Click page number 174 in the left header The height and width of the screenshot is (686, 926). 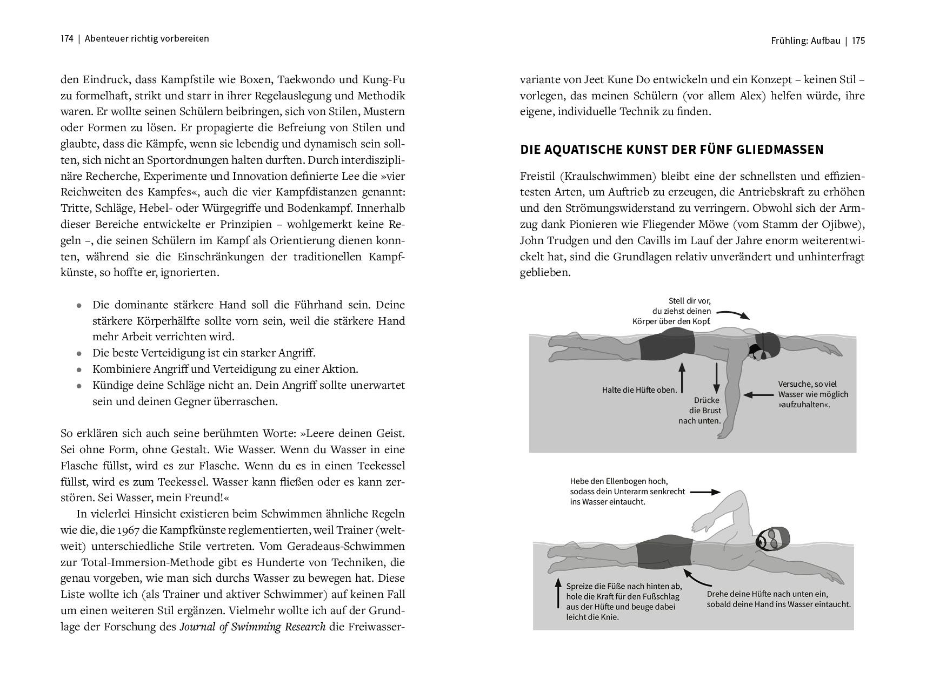[67, 39]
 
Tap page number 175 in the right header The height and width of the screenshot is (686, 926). [858, 41]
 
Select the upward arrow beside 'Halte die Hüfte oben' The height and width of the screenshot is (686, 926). [682, 377]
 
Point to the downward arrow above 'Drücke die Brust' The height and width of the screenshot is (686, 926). [717, 378]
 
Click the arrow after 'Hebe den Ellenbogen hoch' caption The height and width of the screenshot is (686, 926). [705, 492]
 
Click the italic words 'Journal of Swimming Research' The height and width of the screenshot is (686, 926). [252, 627]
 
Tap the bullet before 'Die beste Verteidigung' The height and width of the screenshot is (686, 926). [79, 354]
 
